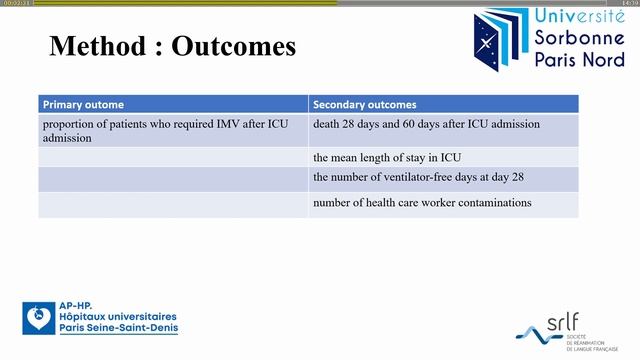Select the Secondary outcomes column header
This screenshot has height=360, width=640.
click(x=365, y=104)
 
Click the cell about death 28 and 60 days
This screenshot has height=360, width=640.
click(x=426, y=124)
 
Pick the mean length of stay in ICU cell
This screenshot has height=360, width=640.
click(x=386, y=157)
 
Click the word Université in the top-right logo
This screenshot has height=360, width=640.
click(x=577, y=16)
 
